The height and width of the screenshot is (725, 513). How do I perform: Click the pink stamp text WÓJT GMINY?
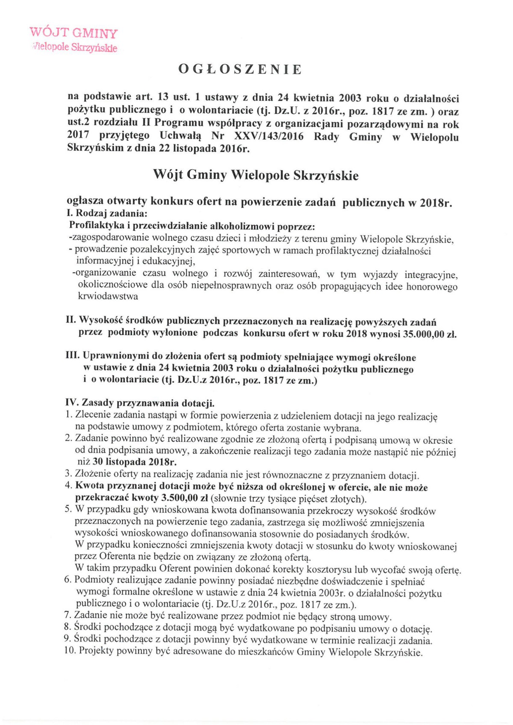point(74,32)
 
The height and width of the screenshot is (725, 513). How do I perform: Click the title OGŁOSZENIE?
point(240,69)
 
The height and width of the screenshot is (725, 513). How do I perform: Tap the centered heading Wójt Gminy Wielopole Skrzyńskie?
point(256,175)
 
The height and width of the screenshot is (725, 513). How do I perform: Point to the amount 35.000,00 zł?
point(430,334)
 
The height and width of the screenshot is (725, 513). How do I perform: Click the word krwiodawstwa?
point(108,296)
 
